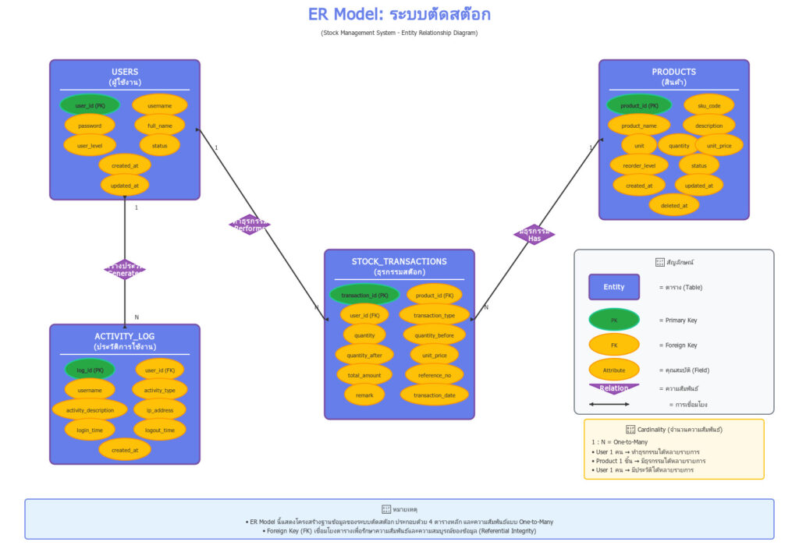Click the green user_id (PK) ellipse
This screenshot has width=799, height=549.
(x=90, y=105)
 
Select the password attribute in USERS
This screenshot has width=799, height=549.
(x=90, y=125)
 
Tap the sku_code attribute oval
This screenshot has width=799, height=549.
(x=709, y=105)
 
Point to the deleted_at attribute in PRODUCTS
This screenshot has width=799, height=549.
(x=674, y=205)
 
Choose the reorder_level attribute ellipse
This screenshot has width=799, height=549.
(x=639, y=165)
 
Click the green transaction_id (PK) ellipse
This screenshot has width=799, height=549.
(x=364, y=296)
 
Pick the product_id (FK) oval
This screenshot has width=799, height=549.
(x=435, y=296)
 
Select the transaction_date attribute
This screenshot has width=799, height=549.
(x=435, y=395)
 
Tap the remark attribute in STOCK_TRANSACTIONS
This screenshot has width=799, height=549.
(x=364, y=395)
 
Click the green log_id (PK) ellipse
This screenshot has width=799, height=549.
(x=90, y=370)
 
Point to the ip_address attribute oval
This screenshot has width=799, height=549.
(x=160, y=409)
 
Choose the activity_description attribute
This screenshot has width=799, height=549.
(x=90, y=409)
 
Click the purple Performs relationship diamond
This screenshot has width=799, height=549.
(x=250, y=225)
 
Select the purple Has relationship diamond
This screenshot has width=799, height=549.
(x=534, y=235)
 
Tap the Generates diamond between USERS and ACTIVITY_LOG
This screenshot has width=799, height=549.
(x=125, y=269)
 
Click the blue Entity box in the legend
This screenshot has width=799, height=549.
(x=614, y=287)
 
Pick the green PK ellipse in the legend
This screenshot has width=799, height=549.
(x=614, y=320)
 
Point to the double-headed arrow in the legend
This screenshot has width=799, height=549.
(x=609, y=404)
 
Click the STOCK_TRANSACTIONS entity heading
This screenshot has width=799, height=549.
(x=399, y=262)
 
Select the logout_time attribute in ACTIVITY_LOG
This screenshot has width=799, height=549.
(x=160, y=430)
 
